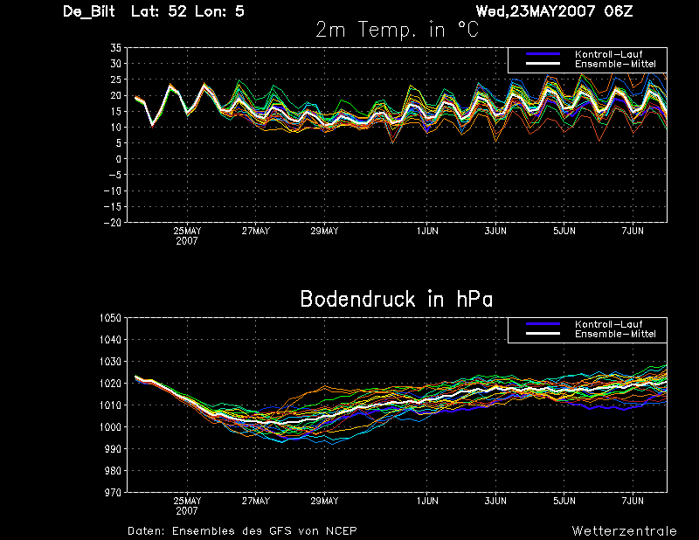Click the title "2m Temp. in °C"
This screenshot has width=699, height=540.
coord(398,30)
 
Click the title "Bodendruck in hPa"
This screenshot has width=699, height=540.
coord(397,299)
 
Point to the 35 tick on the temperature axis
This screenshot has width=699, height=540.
coord(116,48)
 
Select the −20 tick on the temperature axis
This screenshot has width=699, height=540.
coord(113,223)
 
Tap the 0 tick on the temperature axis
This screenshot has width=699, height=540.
coord(119,159)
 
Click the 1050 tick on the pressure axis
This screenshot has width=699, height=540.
coord(111,318)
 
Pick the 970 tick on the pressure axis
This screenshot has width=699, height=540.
coord(114,492)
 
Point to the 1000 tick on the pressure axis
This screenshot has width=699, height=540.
coord(111,426)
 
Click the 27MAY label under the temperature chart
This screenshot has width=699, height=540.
coord(256,231)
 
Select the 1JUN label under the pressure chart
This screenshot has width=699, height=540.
coord(427,501)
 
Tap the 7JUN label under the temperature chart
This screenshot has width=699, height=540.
coord(633,231)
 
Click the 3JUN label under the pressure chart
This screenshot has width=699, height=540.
coord(495,501)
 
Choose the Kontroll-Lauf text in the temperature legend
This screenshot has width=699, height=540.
coord(609,54)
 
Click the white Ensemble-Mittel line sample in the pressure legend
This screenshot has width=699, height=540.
coord(543,334)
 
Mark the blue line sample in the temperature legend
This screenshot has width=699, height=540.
coord(543,54)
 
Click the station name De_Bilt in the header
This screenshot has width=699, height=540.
coord(89,11)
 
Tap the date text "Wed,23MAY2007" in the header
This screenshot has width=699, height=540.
coord(536,11)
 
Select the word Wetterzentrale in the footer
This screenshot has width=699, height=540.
coord(625,531)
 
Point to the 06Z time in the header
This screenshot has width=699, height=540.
coord(619,11)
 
